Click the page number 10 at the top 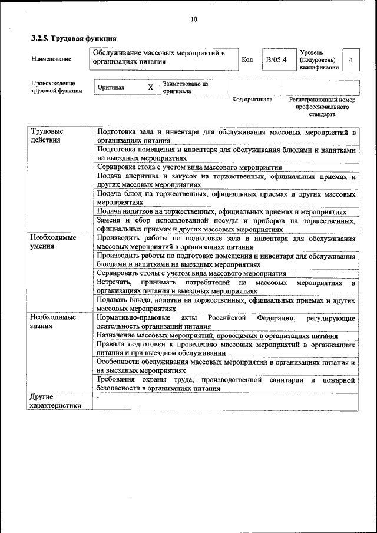pos(194,19)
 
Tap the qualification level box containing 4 pos(351,60)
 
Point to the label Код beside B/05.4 pos(247,60)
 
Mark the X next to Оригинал pos(150,87)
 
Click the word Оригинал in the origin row pos(111,87)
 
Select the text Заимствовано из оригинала pos(186,88)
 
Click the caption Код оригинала pos(252,100)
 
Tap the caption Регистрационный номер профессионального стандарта pos(322,107)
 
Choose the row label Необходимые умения pos(53,242)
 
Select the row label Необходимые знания pos(53,322)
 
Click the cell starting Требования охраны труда pos(226,384)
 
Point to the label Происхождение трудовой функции pos(57,87)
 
